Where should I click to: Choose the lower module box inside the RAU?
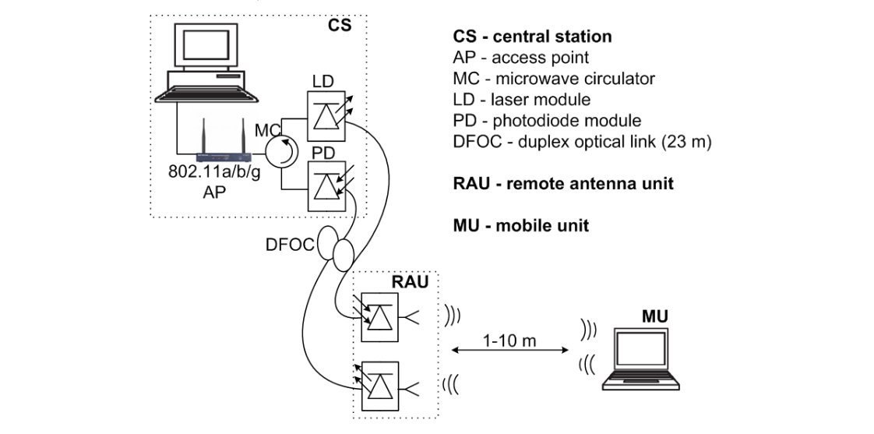coord(378,386)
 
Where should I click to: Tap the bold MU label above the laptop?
coord(654,316)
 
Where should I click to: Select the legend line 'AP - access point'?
coord(520,58)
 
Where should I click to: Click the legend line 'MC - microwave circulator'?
coord(553,79)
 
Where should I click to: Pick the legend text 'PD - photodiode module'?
coord(547,121)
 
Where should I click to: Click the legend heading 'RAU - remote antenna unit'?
coord(562,184)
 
